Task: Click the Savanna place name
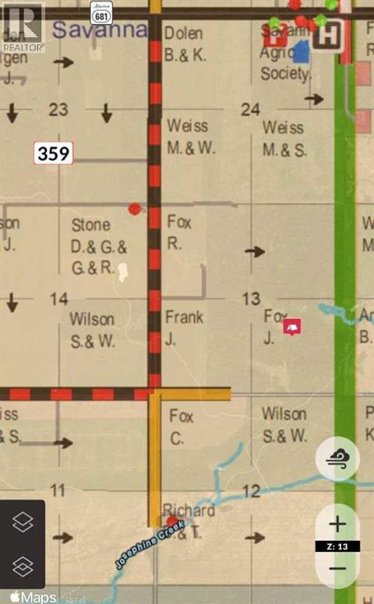coord(100,30)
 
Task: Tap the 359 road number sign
coord(53,153)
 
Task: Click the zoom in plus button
coord(337,524)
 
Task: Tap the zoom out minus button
coord(337,567)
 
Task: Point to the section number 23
coord(58,110)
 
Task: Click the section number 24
coord(250,110)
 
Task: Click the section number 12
coord(250,490)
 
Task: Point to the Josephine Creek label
coord(150,545)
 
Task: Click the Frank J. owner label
coord(185,326)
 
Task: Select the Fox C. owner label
coord(182,427)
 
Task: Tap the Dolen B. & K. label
coord(184,44)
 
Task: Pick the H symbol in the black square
coord(332,33)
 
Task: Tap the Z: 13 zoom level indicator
coord(337,546)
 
